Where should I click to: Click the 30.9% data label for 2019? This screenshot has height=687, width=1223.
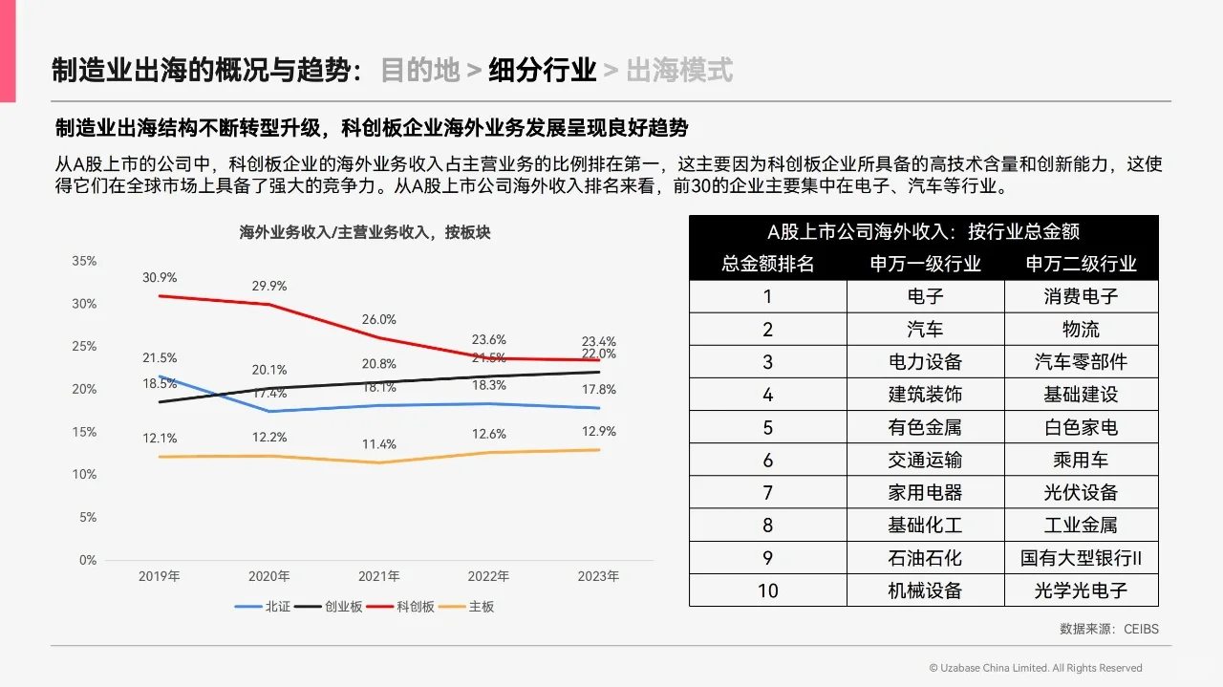click(x=160, y=278)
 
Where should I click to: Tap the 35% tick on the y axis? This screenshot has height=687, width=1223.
click(x=84, y=261)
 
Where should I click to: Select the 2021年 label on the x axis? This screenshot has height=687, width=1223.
click(x=379, y=576)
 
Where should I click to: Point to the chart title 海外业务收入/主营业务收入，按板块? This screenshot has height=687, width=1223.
click(x=364, y=232)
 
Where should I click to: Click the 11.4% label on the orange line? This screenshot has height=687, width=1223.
click(x=379, y=445)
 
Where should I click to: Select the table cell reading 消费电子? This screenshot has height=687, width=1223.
click(x=1081, y=296)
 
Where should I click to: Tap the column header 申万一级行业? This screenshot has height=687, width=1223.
click(x=925, y=264)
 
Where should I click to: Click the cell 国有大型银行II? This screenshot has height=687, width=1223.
click(x=1081, y=558)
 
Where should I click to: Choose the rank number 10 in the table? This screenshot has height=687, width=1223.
click(x=768, y=590)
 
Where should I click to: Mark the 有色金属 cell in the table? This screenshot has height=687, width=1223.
click(x=925, y=427)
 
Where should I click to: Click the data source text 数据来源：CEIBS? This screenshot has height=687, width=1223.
click(x=1108, y=629)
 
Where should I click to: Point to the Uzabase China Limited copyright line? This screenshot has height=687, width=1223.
click(x=1035, y=668)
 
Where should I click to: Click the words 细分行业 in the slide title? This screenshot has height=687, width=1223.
click(x=543, y=70)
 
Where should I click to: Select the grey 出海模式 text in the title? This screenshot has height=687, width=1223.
click(x=679, y=70)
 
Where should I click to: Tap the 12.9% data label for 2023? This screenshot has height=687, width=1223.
click(x=598, y=432)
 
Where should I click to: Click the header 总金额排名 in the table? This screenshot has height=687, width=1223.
click(x=768, y=264)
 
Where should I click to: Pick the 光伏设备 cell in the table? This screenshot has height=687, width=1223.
click(x=1081, y=493)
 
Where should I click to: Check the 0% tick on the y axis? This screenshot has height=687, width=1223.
click(x=88, y=560)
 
